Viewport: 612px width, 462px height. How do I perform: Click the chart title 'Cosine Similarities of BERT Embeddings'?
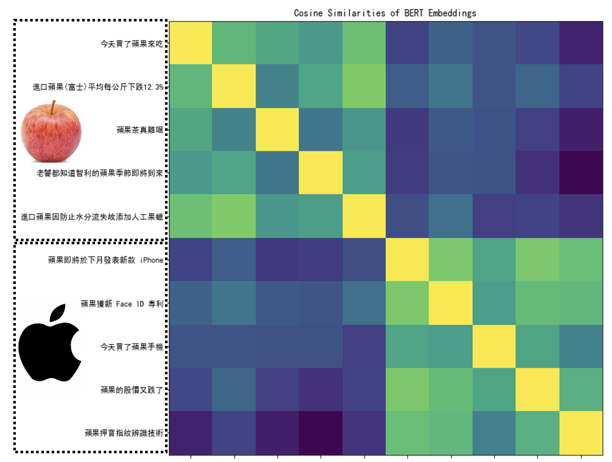385,13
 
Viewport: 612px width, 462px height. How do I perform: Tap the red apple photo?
51,130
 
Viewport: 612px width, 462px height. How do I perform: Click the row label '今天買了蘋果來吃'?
132,43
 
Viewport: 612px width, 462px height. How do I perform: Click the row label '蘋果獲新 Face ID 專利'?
122,304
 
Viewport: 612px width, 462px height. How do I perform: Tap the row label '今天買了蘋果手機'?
132,347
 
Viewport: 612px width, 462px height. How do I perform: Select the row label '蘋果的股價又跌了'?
132,390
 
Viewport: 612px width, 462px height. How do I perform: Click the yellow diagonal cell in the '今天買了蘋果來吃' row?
191,43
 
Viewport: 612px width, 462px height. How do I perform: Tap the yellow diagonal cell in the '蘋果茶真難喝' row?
277,130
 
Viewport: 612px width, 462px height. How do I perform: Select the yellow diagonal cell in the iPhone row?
407,260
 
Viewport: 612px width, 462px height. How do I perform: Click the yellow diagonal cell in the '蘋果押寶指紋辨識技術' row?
581,433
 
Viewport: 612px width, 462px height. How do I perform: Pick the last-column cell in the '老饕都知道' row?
581,173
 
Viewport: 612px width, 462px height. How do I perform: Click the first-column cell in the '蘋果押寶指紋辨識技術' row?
191,433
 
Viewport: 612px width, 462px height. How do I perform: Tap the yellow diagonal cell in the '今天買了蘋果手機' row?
494,346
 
